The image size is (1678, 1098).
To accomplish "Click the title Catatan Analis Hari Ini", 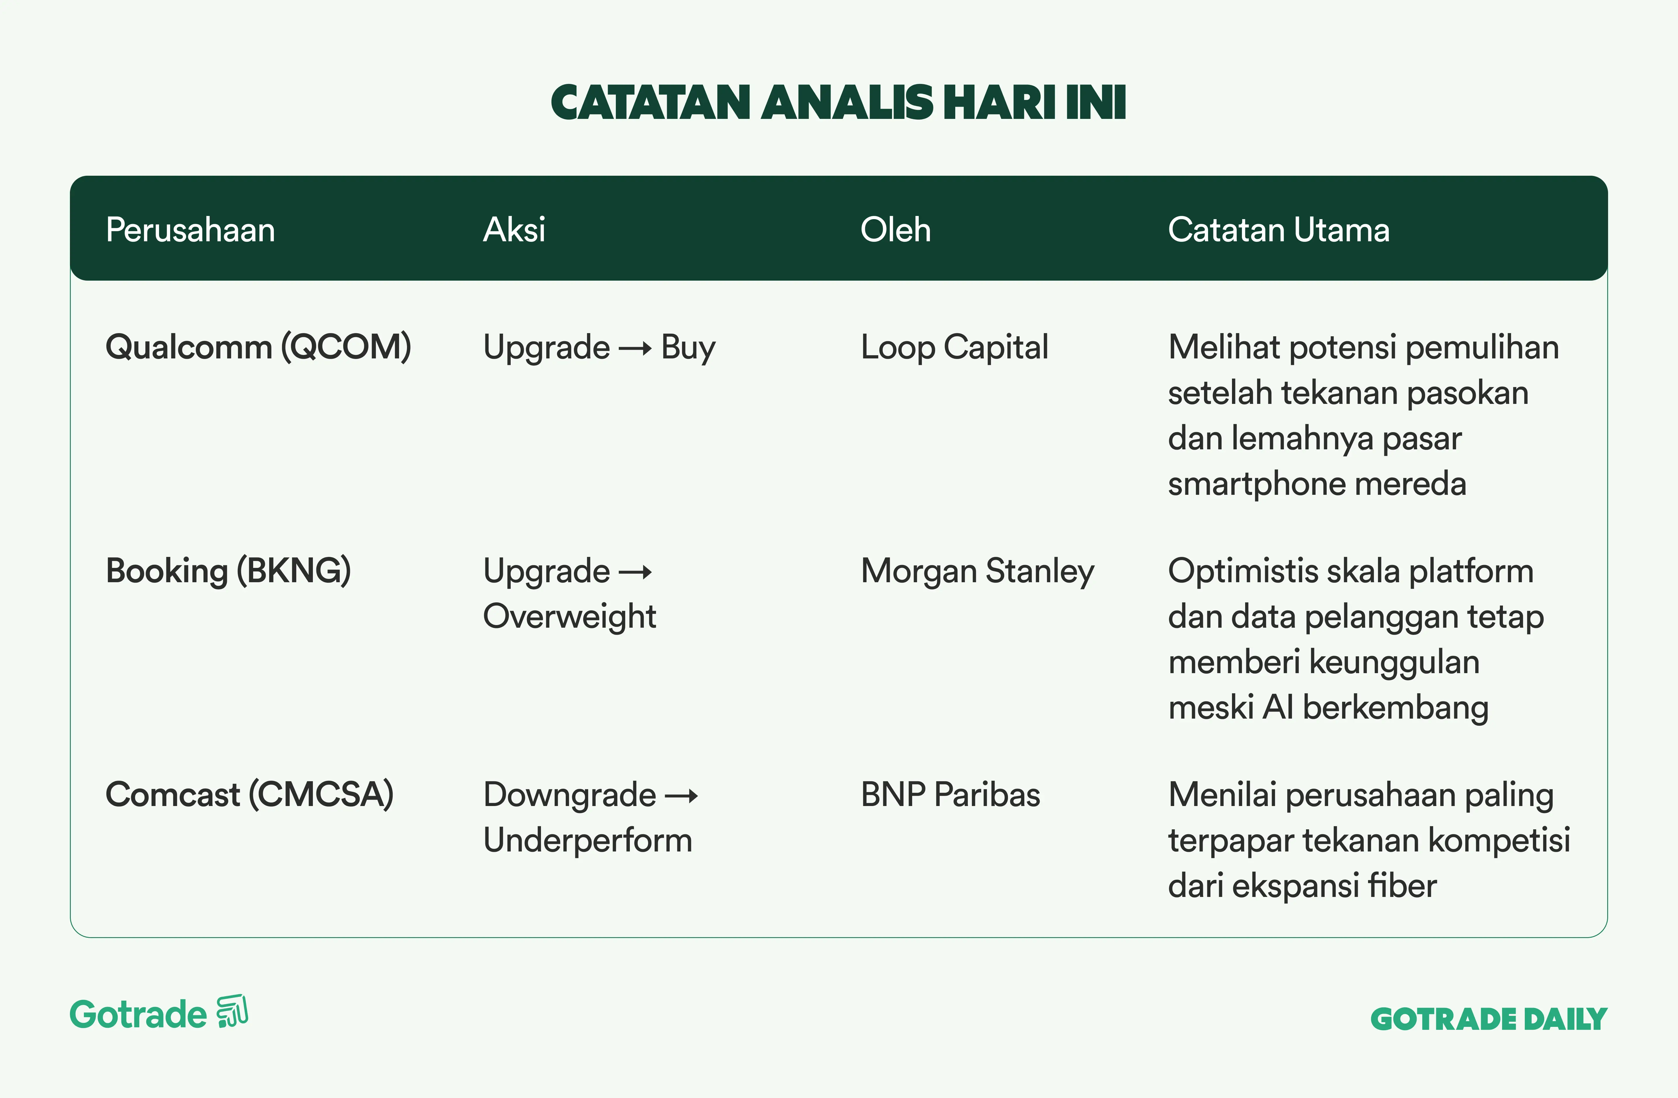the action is pyautogui.click(x=838, y=102).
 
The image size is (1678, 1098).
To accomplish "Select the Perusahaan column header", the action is pyautogui.click(x=190, y=230).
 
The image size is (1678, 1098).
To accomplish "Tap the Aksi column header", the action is pyautogui.click(x=514, y=230).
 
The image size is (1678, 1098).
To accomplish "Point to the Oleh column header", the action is pyautogui.click(x=896, y=230).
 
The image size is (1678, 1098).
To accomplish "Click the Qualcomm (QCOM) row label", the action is pyautogui.click(x=258, y=347).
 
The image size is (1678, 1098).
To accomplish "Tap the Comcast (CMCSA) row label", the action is pyautogui.click(x=250, y=795).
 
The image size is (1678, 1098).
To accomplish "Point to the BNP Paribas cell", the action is pyautogui.click(x=950, y=795).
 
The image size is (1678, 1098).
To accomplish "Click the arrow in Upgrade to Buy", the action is pyautogui.click(x=635, y=348).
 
